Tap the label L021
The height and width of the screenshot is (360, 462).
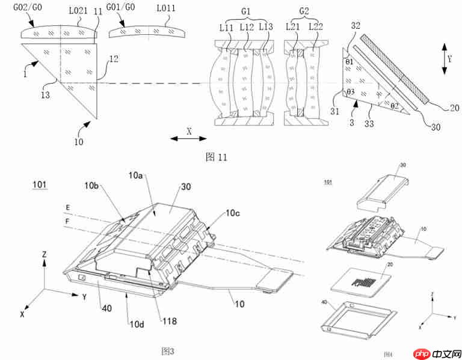point(76,10)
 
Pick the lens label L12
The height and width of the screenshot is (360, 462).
point(247,27)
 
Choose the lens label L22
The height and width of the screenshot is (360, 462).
point(316,27)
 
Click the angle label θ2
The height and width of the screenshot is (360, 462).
point(395,105)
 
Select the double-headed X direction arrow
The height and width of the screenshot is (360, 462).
point(188,138)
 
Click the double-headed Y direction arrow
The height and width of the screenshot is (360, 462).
point(444,58)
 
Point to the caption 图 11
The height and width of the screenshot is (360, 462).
point(217,157)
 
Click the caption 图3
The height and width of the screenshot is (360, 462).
point(168,350)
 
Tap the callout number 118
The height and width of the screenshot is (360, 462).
point(168,321)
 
